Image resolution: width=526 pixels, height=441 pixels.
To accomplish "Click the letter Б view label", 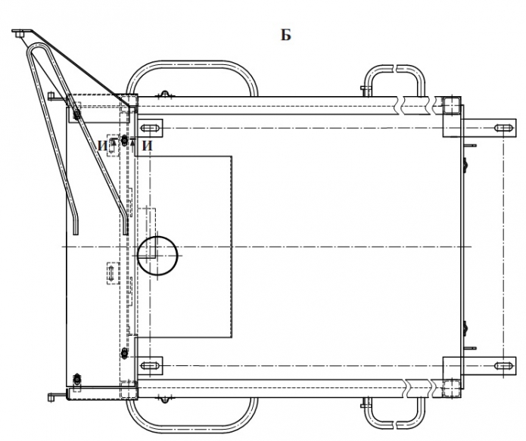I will pyautogui.click(x=286, y=36).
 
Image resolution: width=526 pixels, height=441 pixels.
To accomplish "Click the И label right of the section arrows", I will pyautogui.click(x=148, y=144).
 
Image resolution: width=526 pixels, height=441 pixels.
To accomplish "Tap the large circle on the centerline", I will pyautogui.click(x=157, y=254).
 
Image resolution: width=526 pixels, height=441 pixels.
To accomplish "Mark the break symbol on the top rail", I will pyautogui.click(x=412, y=104).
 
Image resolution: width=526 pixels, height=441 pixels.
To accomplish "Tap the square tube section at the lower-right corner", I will pyautogui.click(x=449, y=386).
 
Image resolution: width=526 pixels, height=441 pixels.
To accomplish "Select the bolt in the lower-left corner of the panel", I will pyautogui.click(x=76, y=377).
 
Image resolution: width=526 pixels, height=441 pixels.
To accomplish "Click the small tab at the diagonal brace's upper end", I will pyautogui.click(x=21, y=33).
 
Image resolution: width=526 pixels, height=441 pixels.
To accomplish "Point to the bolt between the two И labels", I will pyautogui.click(x=125, y=141).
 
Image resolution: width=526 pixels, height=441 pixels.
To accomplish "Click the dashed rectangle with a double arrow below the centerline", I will pyautogui.click(x=111, y=272).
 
